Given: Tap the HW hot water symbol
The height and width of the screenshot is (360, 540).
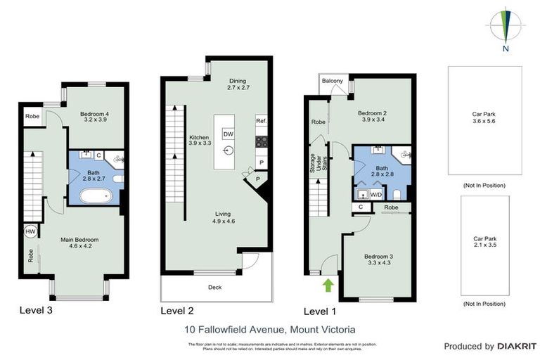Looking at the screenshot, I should pos(31,231).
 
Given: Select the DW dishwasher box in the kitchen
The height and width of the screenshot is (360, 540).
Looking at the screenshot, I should pos(228,134).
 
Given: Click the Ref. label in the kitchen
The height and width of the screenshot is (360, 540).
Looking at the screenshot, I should pos(261,122).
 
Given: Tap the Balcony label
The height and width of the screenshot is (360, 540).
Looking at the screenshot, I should pos(333,82).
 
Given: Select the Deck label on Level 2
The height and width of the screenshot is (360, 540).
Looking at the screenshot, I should pos(215,287).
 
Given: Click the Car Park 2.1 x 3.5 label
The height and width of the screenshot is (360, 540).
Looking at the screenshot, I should pos(484,243).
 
